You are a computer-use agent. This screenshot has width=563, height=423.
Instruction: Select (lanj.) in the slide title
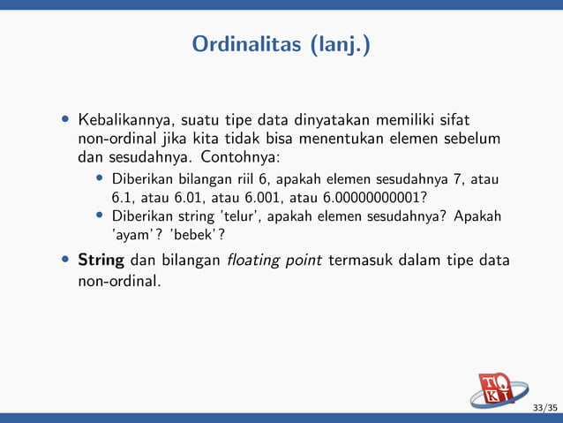coord(339,44)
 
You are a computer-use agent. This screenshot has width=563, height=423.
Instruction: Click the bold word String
coord(101,261)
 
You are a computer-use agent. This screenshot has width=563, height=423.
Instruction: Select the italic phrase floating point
coord(274,261)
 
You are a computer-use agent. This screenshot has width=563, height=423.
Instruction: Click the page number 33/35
coord(545,407)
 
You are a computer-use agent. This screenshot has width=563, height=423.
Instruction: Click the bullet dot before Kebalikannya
coord(65,119)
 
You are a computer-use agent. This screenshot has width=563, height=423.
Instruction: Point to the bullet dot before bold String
coord(65,261)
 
